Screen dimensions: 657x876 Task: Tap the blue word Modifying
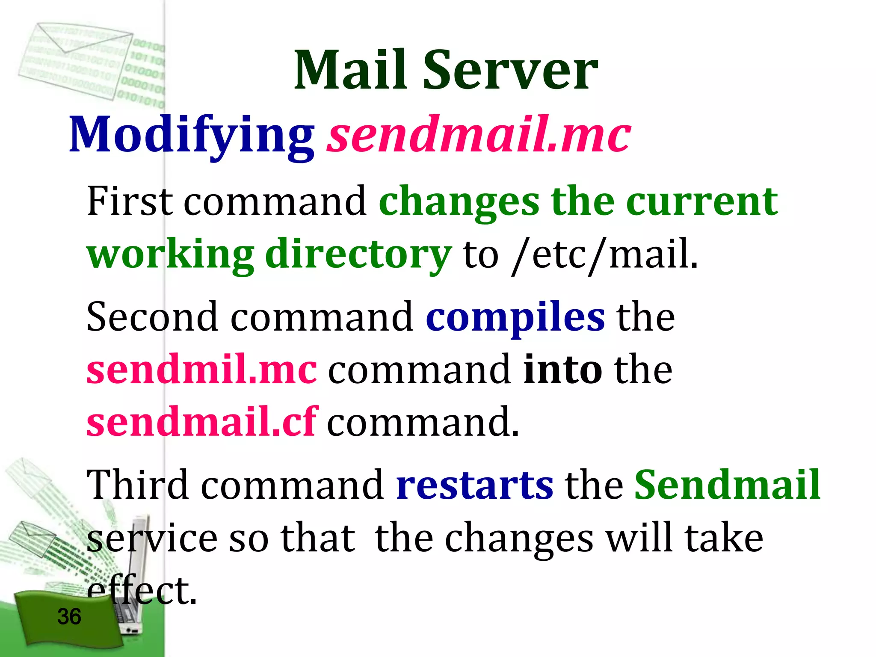pos(192,136)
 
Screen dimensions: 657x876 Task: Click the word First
pos(130,201)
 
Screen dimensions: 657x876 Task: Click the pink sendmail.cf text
pos(201,422)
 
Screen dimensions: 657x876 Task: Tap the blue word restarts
pos(474,485)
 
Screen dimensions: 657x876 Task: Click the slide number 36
pos(69,617)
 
